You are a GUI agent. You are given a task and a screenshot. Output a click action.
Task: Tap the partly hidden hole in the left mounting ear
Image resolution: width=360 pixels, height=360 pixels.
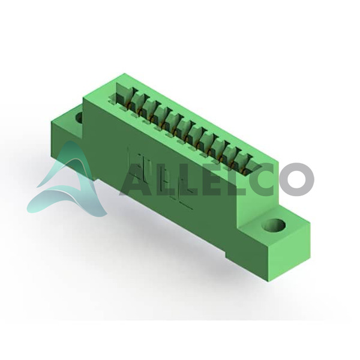coord(79,118)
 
